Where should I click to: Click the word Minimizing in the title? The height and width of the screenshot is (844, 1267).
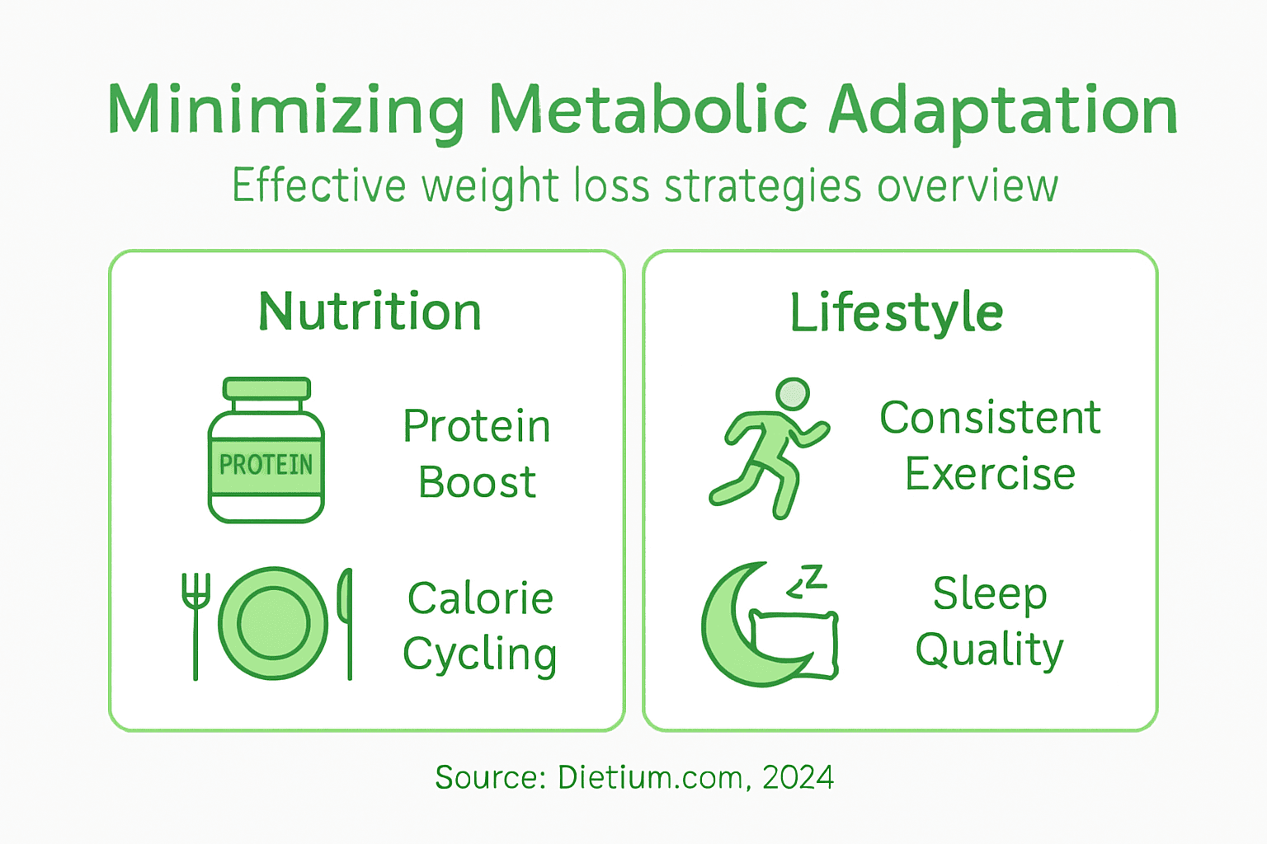[285, 110]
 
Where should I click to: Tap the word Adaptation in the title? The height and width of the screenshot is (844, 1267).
[1002, 110]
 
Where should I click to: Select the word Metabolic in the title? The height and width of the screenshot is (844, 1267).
[648, 110]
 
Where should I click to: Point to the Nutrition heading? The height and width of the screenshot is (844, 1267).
[370, 312]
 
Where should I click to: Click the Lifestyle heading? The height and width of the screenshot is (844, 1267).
[897, 313]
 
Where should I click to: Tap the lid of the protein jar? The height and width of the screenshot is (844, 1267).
[266, 389]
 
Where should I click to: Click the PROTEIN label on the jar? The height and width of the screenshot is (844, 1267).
[266, 465]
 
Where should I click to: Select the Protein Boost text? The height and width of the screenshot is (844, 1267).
[477, 453]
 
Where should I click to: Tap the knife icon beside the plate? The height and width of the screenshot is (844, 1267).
[346, 622]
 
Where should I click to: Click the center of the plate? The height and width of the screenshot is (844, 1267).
[273, 623]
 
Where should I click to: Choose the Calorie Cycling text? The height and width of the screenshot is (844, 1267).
[480, 626]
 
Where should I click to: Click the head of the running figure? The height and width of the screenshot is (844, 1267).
[793, 394]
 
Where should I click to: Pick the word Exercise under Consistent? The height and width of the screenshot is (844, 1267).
[990, 475]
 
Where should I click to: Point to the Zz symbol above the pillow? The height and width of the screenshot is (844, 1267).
[807, 581]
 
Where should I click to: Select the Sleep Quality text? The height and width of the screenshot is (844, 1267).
[990, 621]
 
